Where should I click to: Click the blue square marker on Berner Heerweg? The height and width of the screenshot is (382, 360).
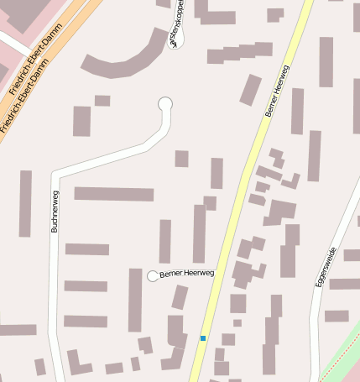[202, 338]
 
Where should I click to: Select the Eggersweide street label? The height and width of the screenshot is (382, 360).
[326, 268]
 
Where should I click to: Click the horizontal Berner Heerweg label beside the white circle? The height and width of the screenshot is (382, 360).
[187, 273]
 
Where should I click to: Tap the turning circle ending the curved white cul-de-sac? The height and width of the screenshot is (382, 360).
[165, 103]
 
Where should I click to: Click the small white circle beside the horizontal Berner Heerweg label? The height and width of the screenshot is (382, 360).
[153, 276]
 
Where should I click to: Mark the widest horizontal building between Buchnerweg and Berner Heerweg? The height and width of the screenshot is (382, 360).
[114, 194]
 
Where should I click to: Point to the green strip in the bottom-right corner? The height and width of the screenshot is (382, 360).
[344, 348]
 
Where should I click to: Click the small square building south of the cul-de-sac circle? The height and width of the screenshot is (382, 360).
[181, 159]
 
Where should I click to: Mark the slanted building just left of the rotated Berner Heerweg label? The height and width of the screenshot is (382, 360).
[251, 89]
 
